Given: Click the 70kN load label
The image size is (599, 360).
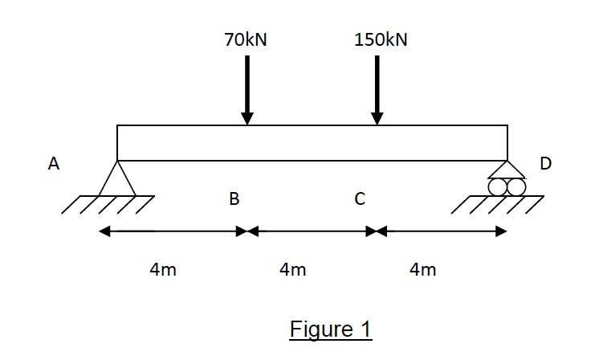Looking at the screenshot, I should click(x=246, y=40).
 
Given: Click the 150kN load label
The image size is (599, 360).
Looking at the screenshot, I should click(x=381, y=40).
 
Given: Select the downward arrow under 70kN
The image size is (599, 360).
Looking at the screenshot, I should click(x=247, y=88).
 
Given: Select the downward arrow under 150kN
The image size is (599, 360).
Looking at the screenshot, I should click(x=377, y=88).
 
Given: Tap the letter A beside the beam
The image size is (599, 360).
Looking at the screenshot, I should click(x=54, y=164).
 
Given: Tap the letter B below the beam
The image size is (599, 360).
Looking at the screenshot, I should click(x=234, y=198).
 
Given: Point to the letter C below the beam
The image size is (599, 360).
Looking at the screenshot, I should click(x=361, y=198).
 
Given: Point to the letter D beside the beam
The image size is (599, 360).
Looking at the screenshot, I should click(x=546, y=164).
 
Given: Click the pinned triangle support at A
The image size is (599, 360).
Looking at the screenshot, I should click(x=117, y=182).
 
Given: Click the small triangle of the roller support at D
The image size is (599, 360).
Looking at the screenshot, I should click(x=507, y=170).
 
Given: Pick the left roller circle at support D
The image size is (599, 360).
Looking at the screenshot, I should click(x=499, y=186).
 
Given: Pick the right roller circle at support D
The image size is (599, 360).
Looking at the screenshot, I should click(x=516, y=186).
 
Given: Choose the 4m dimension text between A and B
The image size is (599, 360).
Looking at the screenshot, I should click(x=163, y=270).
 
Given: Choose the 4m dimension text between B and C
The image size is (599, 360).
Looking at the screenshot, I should click(x=293, y=270).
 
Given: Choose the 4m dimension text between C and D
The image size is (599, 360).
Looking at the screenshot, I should click(x=422, y=270).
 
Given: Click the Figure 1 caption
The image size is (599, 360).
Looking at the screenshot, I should click(x=331, y=329).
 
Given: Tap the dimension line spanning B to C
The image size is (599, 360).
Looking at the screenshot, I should click(x=312, y=231).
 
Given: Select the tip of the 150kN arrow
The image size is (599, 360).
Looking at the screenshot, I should click(x=377, y=122).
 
